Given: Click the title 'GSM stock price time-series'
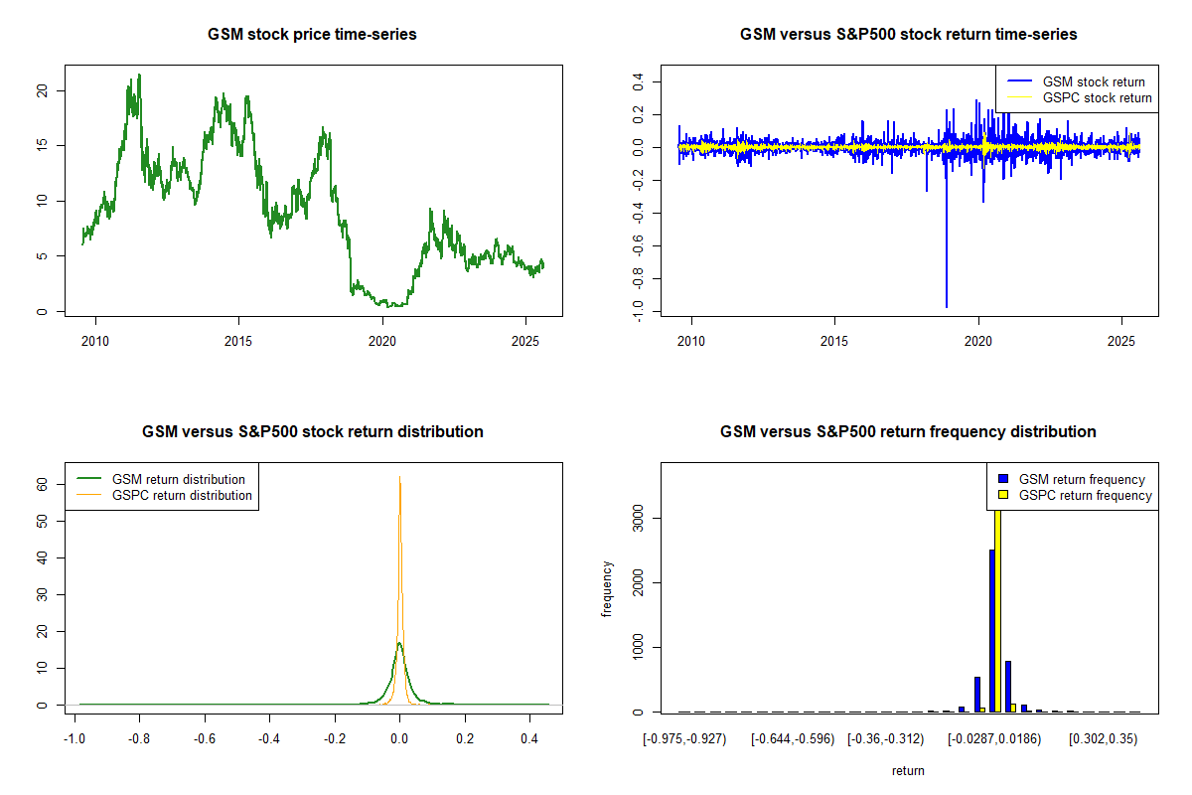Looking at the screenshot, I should (312, 35).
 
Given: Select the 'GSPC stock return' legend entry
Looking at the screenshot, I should (1097, 97).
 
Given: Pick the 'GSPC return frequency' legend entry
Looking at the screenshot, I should (1097, 495).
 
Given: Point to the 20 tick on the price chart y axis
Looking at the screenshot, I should (42, 90).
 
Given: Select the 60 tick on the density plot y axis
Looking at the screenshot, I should (43, 484).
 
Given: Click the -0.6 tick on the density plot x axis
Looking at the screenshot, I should (204, 739).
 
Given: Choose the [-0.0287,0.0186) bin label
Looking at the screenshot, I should (994, 739).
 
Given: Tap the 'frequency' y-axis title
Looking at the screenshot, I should (607, 588).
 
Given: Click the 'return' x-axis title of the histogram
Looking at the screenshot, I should (908, 770).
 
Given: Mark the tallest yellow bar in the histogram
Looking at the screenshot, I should (997, 606).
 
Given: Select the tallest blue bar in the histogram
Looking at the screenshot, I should (991, 631).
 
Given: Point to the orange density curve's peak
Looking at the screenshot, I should (399, 478).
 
